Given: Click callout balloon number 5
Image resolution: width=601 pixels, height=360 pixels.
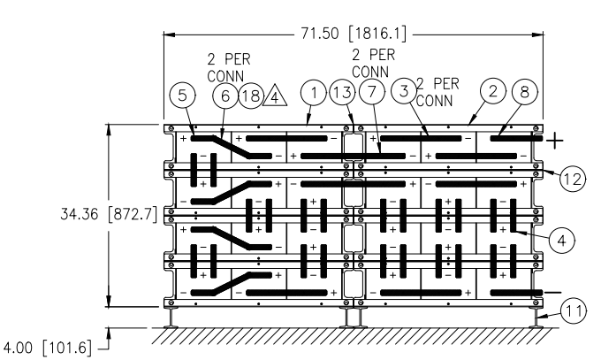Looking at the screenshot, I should click(182, 94).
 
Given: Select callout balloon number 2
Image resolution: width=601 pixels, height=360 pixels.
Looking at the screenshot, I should click(494, 91).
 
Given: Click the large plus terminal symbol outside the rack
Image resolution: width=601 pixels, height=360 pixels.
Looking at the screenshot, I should click(554, 141).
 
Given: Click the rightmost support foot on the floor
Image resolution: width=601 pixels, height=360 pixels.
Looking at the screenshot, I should click(536, 318).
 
